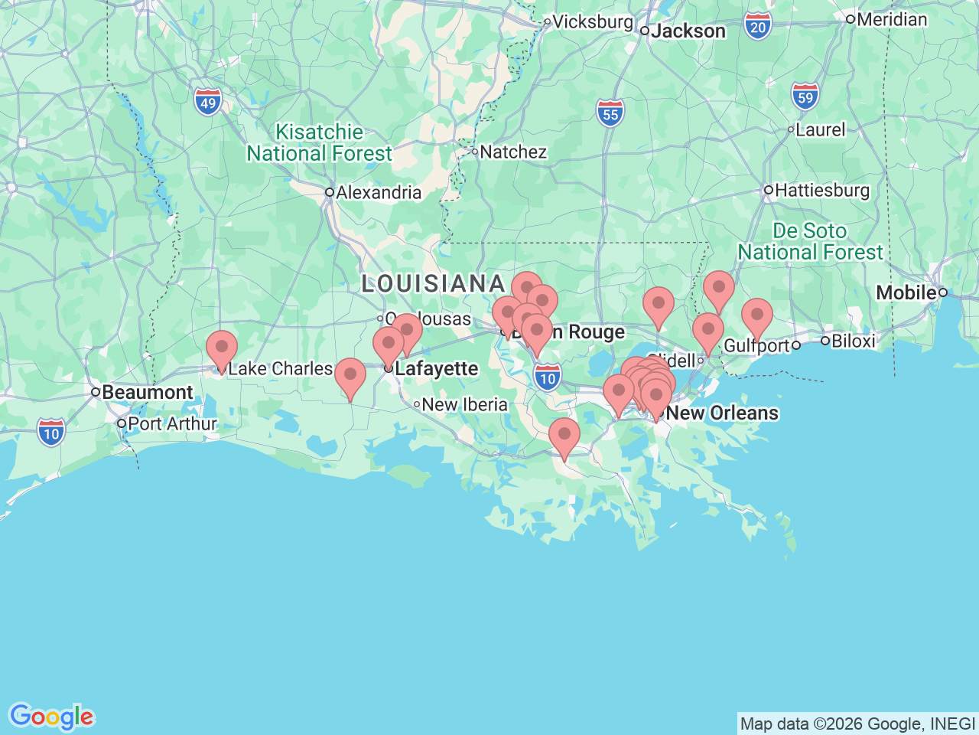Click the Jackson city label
click(x=688, y=31)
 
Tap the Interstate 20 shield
click(x=757, y=28)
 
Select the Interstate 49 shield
click(x=208, y=103)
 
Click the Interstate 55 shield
click(x=610, y=114)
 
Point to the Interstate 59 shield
click(x=805, y=97)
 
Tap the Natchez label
click(x=512, y=152)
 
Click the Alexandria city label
click(x=378, y=192)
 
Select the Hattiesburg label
click(x=821, y=190)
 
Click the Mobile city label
click(x=906, y=292)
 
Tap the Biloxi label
click(x=853, y=341)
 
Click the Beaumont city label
click(x=147, y=392)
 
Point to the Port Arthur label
click(x=172, y=423)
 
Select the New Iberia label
click(x=464, y=404)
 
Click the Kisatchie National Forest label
click(x=319, y=143)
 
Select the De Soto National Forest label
click(x=810, y=241)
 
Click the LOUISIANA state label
click(x=433, y=284)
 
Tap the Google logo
click(x=51, y=717)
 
